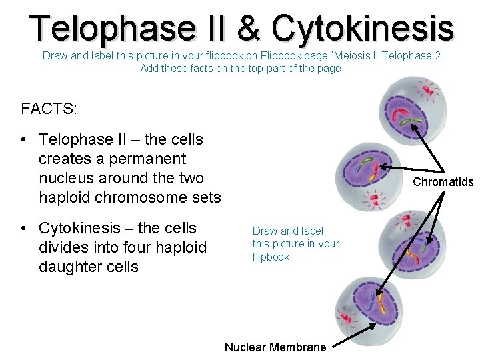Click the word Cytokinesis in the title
tap(363, 28)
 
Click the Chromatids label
tap(443, 182)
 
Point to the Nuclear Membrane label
tap(275, 347)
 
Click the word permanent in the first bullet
tap(145, 159)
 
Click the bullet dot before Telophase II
tap(23, 139)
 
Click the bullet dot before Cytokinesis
tap(23, 228)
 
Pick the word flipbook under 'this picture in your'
tap(271, 257)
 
